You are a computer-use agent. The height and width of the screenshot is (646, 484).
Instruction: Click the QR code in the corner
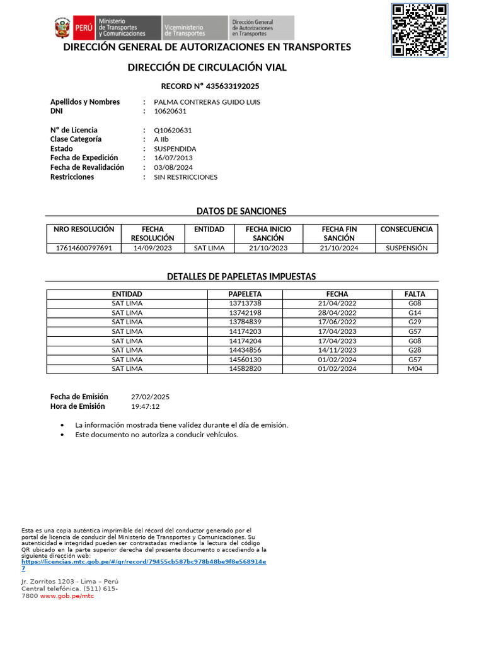tap(419, 30)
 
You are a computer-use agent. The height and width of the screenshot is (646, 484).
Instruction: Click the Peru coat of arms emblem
tap(62, 28)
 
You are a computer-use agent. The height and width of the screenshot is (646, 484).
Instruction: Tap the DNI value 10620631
tap(170, 111)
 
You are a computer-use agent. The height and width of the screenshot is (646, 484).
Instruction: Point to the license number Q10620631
tap(173, 130)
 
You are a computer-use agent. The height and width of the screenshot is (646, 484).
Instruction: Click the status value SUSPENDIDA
tap(175, 149)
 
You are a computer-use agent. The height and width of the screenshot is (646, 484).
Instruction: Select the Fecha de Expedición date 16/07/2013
tap(173, 158)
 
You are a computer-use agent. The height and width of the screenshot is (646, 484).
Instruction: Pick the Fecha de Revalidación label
tap(87, 167)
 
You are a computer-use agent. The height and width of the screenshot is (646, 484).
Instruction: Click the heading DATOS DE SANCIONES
tap(241, 211)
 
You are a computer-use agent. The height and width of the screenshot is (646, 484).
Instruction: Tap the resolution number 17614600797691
tap(84, 248)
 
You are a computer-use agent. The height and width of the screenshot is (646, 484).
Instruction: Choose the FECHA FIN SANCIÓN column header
tap(339, 233)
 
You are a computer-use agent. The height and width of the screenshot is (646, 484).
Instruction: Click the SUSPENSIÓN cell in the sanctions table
tap(406, 248)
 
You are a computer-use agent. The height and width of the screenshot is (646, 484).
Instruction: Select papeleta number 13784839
tap(245, 322)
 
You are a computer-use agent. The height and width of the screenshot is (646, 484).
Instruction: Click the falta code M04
tap(415, 368)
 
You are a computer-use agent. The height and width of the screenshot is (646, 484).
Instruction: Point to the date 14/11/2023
tap(337, 350)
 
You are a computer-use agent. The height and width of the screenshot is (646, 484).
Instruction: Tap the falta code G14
tap(415, 313)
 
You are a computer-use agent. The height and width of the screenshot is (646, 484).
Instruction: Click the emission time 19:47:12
tap(145, 407)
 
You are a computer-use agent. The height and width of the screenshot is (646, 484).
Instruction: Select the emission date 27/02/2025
tap(150, 397)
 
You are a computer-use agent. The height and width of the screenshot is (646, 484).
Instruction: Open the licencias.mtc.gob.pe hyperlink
tap(144, 561)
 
